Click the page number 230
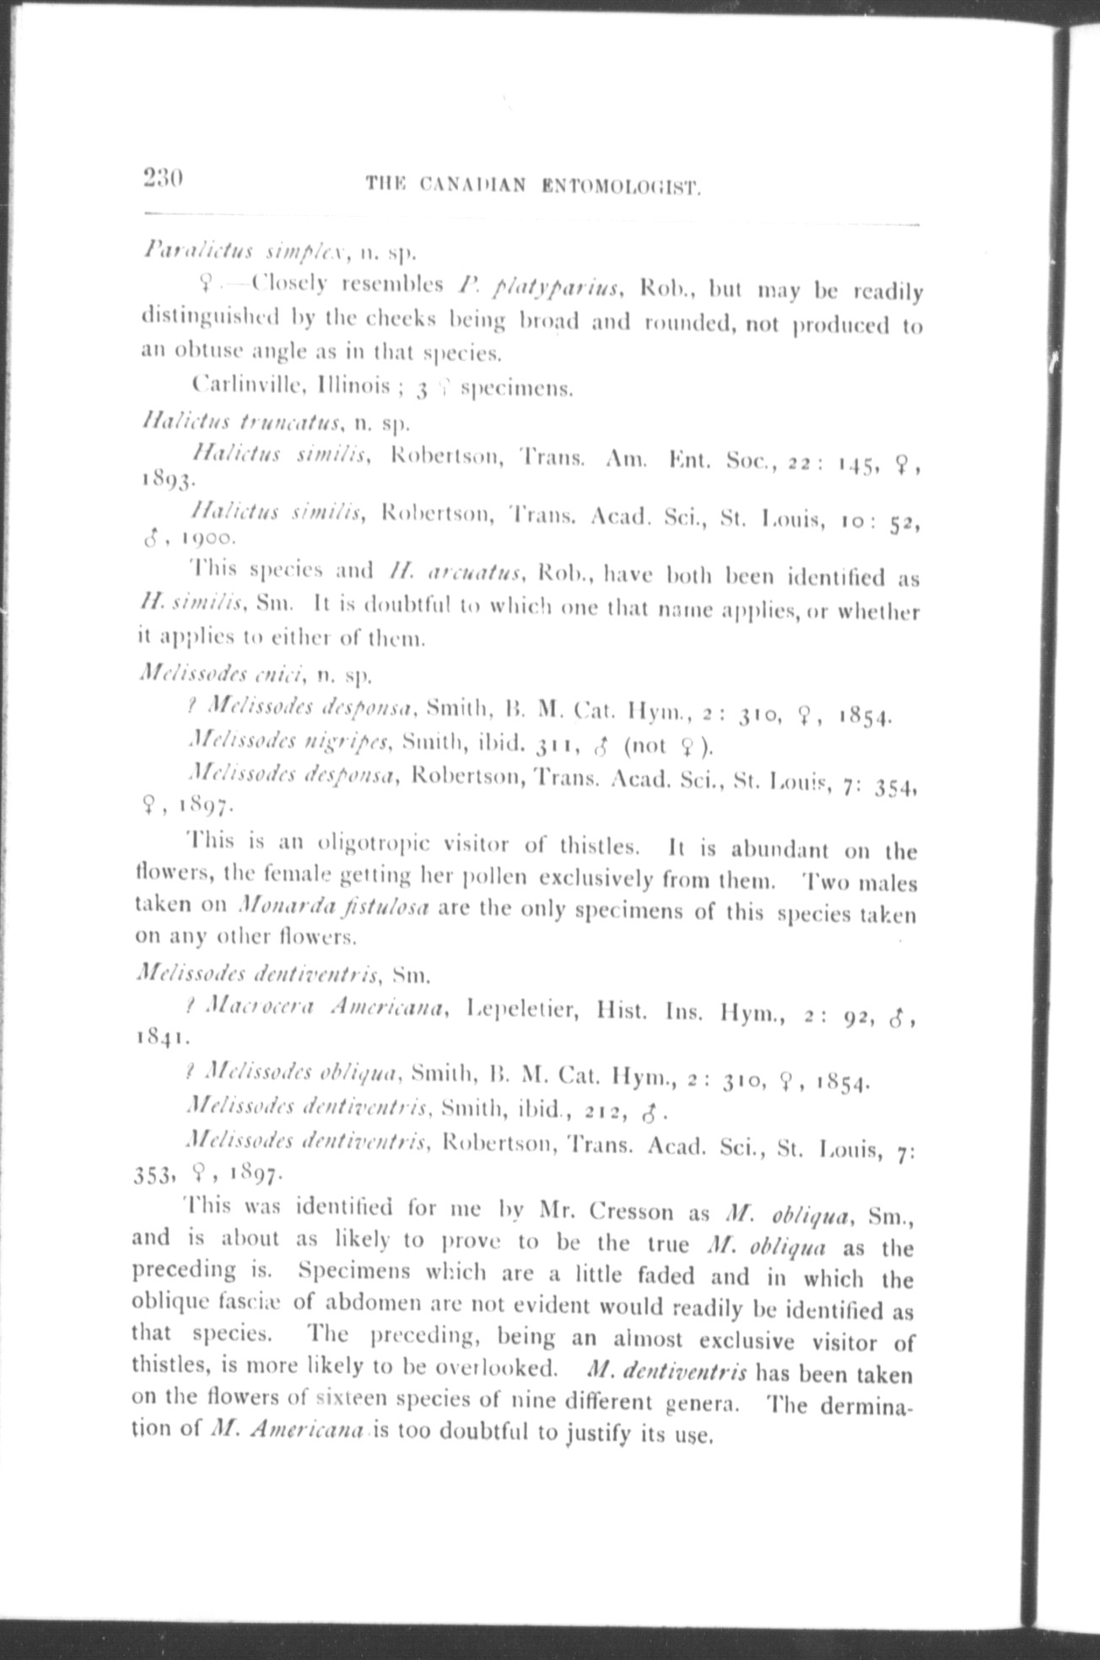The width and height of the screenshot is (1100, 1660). [x=163, y=179]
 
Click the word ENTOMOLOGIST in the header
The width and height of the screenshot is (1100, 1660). [x=623, y=185]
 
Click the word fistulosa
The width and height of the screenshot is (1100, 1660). [x=387, y=908]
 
